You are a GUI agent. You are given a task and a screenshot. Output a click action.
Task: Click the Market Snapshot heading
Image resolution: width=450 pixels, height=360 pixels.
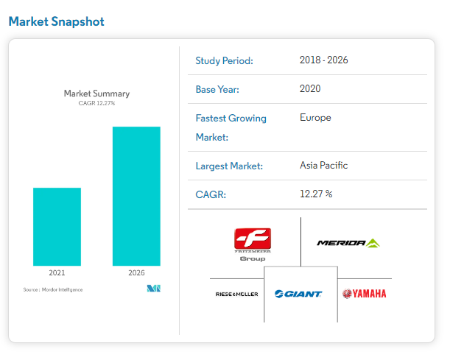57,21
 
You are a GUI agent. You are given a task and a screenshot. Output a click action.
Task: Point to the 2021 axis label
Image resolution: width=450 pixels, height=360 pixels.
57,272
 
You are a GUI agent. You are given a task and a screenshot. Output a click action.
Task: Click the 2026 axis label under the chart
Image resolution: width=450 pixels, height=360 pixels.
136,272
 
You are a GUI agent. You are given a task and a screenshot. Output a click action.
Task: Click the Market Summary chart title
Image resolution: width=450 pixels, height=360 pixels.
96,93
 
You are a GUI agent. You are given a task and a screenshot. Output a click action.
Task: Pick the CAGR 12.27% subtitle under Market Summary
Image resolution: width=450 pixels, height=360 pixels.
96,103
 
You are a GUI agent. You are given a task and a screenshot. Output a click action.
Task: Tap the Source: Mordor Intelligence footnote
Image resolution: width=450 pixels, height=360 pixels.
53,289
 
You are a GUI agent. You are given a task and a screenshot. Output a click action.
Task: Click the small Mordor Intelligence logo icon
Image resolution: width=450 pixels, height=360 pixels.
153,289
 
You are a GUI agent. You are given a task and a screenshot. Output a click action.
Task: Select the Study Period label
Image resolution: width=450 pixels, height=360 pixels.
224,60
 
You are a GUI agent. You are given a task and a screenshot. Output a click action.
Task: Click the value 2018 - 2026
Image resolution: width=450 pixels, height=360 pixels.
324,60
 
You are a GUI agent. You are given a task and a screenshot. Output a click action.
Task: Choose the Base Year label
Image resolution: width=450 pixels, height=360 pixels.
217,89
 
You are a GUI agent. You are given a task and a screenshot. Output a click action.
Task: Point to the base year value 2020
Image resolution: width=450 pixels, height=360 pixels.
311,88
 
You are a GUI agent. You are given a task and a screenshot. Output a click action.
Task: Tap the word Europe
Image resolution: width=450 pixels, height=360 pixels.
316,117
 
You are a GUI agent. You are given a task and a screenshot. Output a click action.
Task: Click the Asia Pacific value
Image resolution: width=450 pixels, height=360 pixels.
324,165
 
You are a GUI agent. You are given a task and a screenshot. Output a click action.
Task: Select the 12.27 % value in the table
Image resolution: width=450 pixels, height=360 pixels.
317,194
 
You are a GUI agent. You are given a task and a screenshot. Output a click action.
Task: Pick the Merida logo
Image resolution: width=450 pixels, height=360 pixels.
348,243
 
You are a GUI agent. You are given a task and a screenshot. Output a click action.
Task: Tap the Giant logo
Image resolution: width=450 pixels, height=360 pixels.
298,294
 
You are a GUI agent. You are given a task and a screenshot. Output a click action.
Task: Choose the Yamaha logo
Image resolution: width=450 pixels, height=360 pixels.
364,294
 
